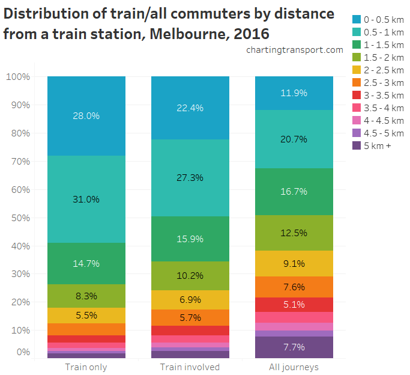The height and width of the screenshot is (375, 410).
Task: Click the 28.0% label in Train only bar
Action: [x=86, y=116]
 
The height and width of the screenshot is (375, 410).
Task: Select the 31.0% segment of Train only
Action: [x=86, y=199]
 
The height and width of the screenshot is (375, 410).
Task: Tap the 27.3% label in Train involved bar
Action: [x=190, y=178]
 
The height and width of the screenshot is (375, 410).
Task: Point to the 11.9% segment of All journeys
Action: [x=294, y=93]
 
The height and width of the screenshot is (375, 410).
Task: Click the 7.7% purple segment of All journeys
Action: [x=294, y=347]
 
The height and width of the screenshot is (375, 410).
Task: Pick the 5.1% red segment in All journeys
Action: [x=294, y=304]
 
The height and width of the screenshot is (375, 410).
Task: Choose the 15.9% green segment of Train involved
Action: [x=190, y=239]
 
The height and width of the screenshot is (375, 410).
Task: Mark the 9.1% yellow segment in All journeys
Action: [x=294, y=263]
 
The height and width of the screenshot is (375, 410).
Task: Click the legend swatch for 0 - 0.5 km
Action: [x=357, y=19]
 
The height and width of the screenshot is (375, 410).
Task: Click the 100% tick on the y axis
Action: [x=17, y=76]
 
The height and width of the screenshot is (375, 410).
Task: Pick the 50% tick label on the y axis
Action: [x=20, y=218]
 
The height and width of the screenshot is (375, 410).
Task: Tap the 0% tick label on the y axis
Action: [x=22, y=352]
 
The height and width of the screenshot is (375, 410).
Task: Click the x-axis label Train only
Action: [x=86, y=367]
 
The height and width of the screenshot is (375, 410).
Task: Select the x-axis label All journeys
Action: [x=294, y=367]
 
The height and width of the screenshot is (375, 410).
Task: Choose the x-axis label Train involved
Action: [x=190, y=367]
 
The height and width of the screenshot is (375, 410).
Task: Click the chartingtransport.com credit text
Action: [x=295, y=50]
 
